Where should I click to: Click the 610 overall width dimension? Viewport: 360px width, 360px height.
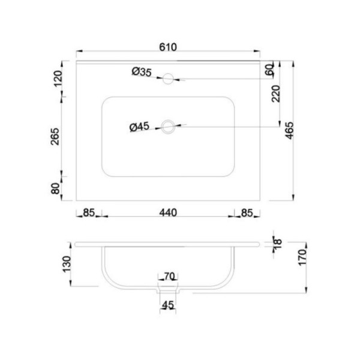pyautogui.click(x=168, y=47)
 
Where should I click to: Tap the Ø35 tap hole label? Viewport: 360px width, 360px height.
pyautogui.click(x=142, y=72)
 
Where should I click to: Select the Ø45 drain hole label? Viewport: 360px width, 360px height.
pyautogui.click(x=139, y=127)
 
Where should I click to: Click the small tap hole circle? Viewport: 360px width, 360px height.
pyautogui.click(x=168, y=79)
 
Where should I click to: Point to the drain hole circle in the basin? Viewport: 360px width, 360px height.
pyautogui.click(x=168, y=127)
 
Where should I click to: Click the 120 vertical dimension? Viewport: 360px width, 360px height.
pyautogui.click(x=58, y=79)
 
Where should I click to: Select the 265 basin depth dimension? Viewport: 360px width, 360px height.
pyautogui.click(x=55, y=137)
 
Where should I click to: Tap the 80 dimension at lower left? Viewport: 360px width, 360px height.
pyautogui.click(x=56, y=188)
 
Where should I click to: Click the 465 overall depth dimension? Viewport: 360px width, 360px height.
pyautogui.click(x=290, y=130)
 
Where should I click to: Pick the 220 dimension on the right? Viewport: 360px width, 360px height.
pyautogui.click(x=276, y=94)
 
